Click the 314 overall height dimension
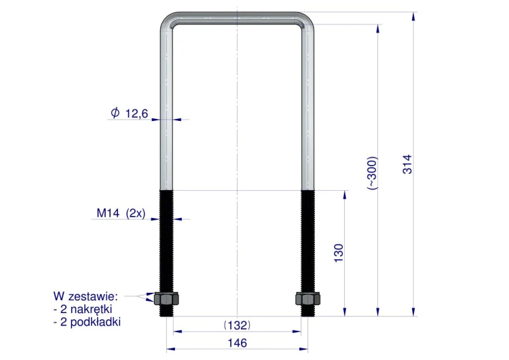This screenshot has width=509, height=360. point(407,164)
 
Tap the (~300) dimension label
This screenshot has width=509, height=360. point(373,173)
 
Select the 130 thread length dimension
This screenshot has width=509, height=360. point(338,253)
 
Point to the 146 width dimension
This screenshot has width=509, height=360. point(238,343)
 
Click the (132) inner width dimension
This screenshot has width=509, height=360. point(238,325)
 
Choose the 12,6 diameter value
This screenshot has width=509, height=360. point(136,113)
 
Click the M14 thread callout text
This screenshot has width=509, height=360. point(109,213)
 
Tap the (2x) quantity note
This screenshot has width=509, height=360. point(136,213)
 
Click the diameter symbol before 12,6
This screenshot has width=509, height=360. point(115,113)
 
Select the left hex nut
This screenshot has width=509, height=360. point(166,299)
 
